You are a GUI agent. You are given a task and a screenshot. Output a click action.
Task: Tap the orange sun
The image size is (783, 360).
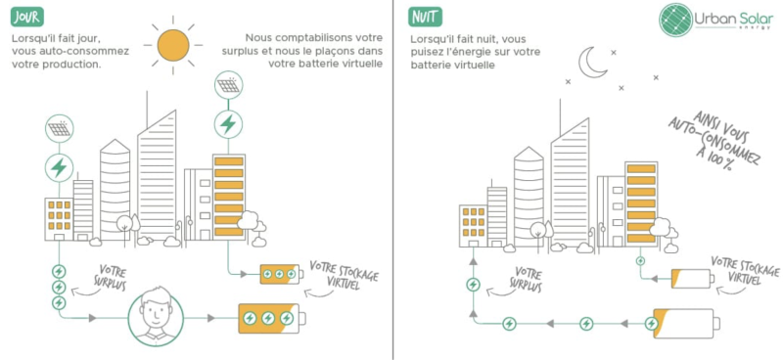click(172, 44)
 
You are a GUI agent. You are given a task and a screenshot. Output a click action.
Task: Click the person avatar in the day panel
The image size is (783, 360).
click(156, 318)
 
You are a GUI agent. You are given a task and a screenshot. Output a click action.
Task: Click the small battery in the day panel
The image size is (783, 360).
click(280, 274)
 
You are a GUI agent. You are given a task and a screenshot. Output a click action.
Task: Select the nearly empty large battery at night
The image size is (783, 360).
click(681, 322)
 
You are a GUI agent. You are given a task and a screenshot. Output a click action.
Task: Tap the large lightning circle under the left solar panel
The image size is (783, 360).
click(59, 167)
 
